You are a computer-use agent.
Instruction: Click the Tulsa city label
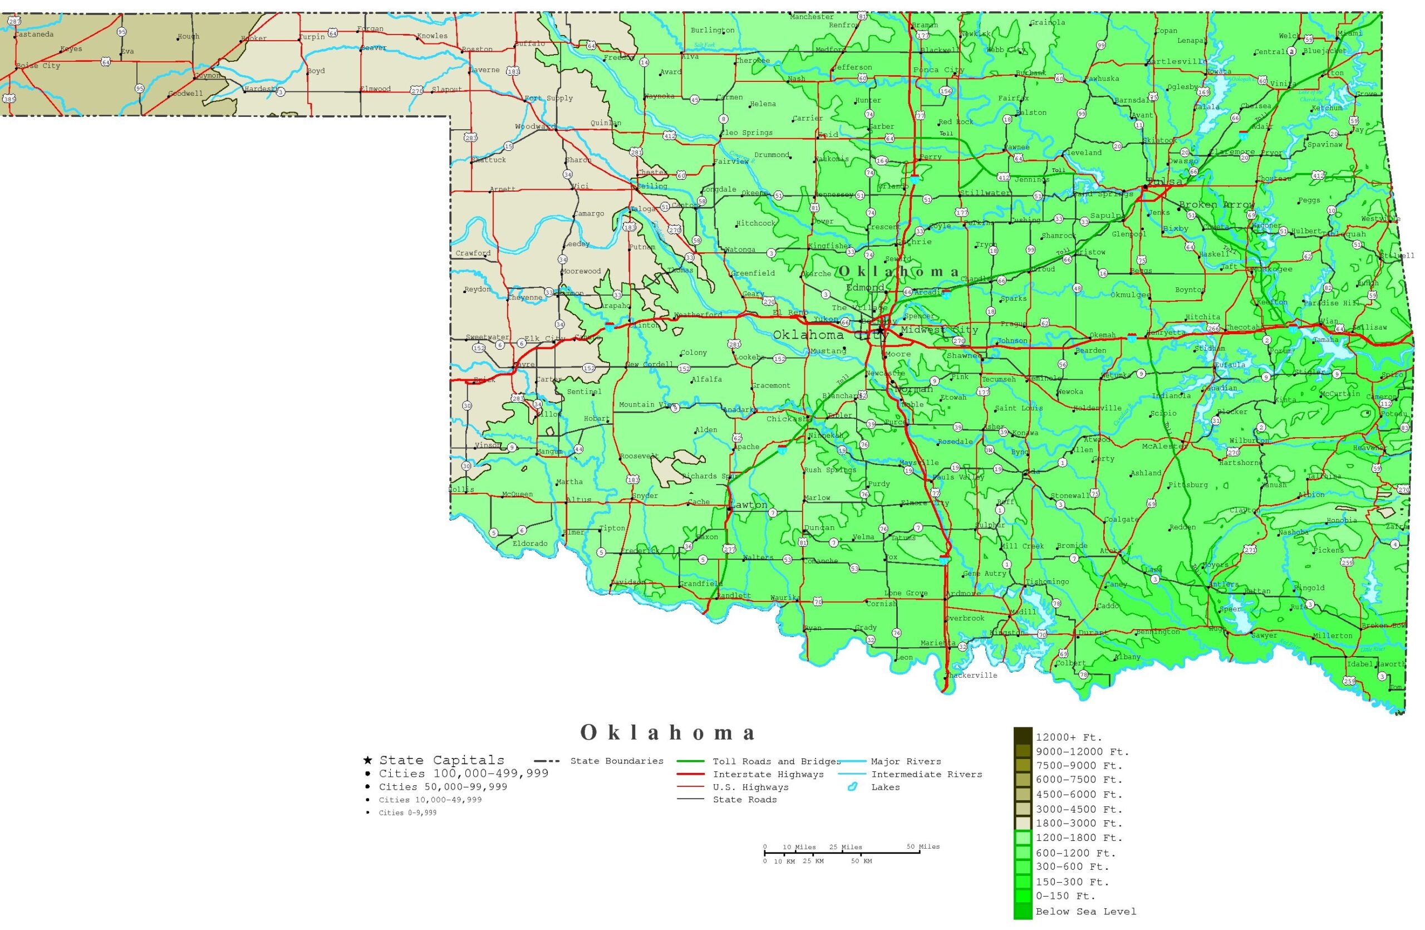pos(1165,182)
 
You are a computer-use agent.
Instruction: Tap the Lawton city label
pos(749,505)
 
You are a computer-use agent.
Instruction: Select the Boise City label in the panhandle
pos(38,66)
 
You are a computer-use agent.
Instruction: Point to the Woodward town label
pos(535,126)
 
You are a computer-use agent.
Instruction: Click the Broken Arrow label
pos(1217,205)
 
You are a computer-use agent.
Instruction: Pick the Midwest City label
pos(939,330)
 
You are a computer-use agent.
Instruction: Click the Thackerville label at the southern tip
pos(971,676)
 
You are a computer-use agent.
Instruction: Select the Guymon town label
pos(208,76)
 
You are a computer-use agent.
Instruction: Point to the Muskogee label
pos(1272,270)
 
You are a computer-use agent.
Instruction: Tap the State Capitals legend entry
pos(441,760)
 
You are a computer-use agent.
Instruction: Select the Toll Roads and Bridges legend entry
pos(776,762)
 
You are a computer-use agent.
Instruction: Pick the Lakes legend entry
pos(885,787)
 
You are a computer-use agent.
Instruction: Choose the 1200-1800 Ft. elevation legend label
pos(1078,838)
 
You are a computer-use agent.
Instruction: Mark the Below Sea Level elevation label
pos(1085,912)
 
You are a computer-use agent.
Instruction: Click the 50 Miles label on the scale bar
pos(923,847)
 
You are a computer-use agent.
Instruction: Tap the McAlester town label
pos(1164,447)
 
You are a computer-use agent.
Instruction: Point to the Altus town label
pos(578,500)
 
